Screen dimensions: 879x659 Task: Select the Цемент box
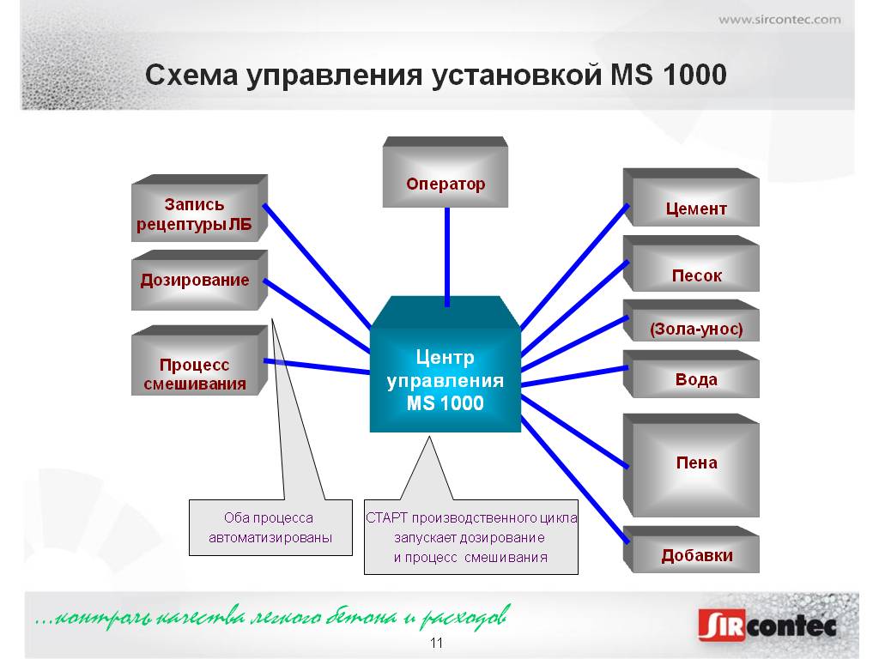691,197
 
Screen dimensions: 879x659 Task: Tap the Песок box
691,263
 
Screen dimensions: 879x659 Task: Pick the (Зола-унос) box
691,321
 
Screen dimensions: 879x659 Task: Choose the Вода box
691,374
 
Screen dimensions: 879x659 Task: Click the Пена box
691,465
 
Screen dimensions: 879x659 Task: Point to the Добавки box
691,549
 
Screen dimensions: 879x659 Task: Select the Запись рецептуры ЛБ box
199,208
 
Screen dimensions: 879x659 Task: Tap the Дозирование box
199,281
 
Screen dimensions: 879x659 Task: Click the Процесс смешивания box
199,360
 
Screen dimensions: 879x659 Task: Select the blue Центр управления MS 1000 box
446,364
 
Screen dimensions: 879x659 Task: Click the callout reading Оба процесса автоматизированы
270,528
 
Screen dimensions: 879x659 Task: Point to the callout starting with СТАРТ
471,537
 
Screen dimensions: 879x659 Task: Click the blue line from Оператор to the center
446,257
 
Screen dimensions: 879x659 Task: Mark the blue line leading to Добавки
573,481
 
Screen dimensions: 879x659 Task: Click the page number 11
436,643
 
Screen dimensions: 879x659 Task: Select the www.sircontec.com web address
779,21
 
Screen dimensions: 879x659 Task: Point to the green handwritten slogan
273,618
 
